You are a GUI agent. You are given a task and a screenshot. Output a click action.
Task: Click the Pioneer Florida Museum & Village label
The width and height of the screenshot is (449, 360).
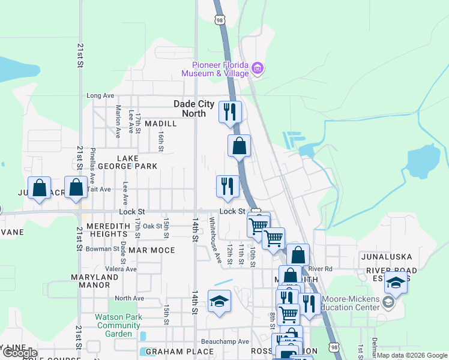point(220,69)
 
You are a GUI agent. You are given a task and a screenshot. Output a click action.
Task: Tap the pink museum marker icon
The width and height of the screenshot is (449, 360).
point(258,68)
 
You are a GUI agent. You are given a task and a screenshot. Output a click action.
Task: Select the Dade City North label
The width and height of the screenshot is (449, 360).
point(194,109)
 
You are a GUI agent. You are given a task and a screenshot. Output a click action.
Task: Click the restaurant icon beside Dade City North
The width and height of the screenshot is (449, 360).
point(230,111)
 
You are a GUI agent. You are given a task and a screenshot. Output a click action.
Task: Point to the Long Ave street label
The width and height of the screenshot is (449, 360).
point(100,95)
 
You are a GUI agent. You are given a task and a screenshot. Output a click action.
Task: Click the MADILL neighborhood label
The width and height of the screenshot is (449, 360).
point(161,124)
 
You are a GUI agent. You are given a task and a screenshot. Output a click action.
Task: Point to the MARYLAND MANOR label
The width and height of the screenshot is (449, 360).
point(95,282)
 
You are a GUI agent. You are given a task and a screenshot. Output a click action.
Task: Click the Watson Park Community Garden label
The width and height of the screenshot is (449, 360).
point(119,325)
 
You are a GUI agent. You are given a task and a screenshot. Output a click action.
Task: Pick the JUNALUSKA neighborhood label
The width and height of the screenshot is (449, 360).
point(386,257)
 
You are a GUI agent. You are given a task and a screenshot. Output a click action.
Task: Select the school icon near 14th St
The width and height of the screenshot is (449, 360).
point(219,301)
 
